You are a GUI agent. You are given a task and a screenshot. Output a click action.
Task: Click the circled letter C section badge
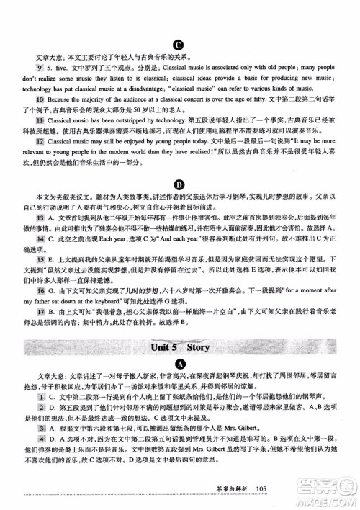point(177,43)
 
